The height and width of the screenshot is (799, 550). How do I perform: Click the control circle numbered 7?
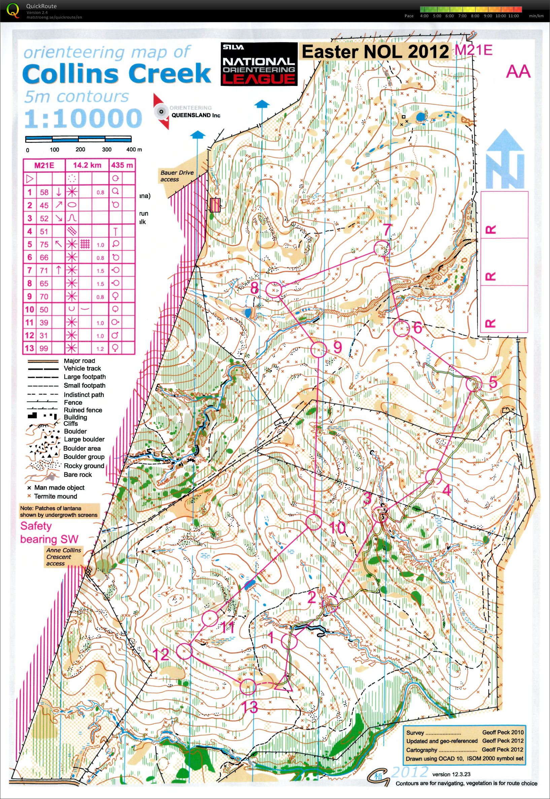pos(381,248)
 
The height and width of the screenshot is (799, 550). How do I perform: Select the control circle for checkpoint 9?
pos(318,349)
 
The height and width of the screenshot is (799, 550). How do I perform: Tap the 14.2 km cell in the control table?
pos(87,165)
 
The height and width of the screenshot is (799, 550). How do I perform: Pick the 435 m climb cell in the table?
pos(122,165)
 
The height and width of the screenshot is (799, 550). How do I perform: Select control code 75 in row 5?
pos(44,244)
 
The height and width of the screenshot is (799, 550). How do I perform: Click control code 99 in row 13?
pos(44,348)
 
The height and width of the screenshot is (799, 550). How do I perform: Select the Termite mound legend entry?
pos(55,496)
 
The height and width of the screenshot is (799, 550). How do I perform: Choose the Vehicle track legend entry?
pos(82,368)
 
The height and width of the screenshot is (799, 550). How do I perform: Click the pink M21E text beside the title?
pos(474,50)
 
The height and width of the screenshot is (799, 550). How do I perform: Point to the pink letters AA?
pos(518,72)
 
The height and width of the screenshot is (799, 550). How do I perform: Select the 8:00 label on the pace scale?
pos(475,16)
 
